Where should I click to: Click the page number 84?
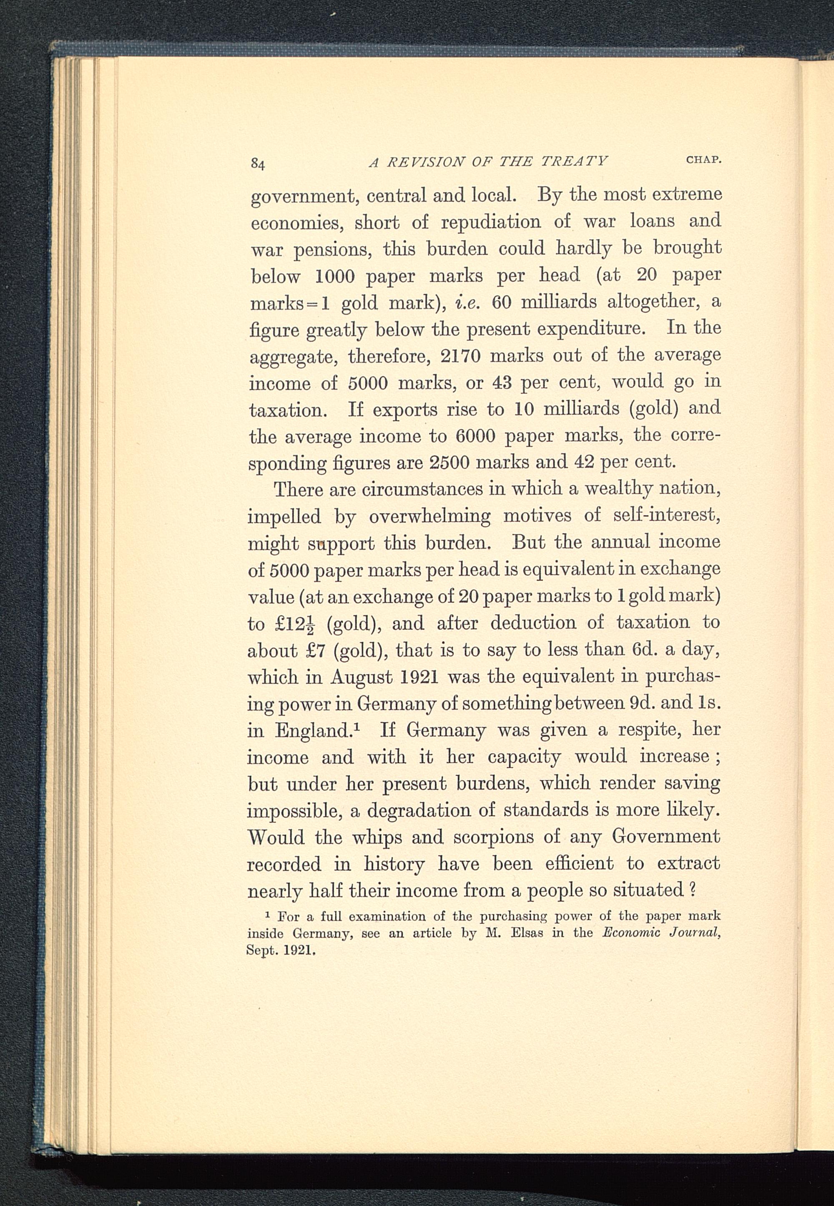click(x=258, y=164)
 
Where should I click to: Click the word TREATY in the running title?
click(x=574, y=161)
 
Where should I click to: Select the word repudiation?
click(x=491, y=222)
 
